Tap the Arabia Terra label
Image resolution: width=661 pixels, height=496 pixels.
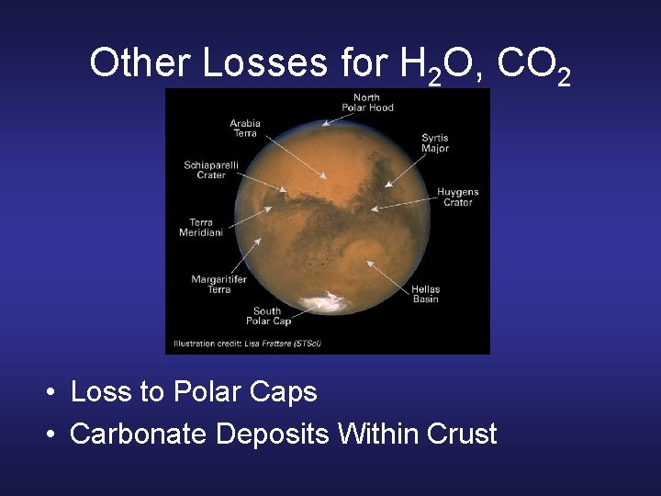pyautogui.click(x=245, y=129)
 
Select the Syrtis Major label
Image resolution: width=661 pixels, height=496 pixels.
pyautogui.click(x=434, y=142)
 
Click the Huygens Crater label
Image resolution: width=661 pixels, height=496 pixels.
pyautogui.click(x=457, y=197)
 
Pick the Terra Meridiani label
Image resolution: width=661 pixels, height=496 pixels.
pyautogui.click(x=201, y=227)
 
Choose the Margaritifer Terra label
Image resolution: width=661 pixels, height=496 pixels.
pyautogui.click(x=211, y=284)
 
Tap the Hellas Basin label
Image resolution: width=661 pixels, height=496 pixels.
pyautogui.click(x=425, y=294)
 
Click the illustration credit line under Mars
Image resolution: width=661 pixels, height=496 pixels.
pyautogui.click(x=248, y=344)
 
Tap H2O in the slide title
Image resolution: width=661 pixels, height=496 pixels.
pyautogui.click(x=441, y=64)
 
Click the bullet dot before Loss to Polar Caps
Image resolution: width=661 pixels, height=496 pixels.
pyautogui.click(x=54, y=393)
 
